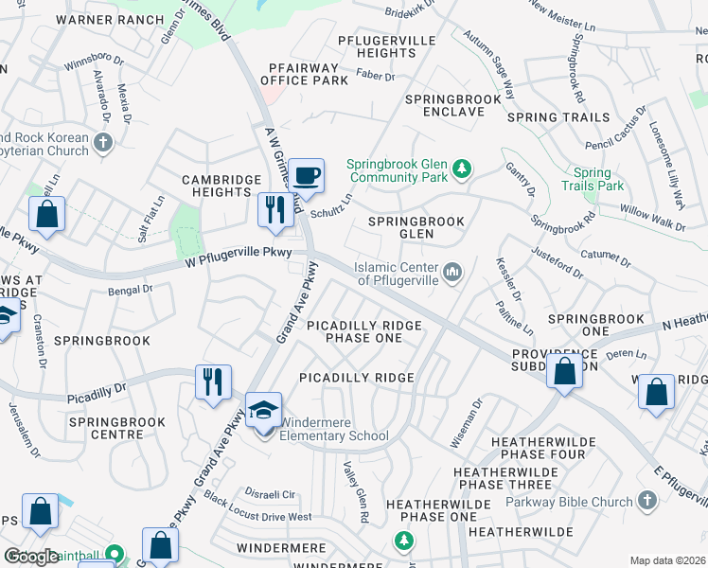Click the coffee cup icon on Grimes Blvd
pos(306,176)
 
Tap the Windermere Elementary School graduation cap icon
pos(264,410)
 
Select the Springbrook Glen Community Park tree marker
pos(462,169)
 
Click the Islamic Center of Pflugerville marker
pos(453,274)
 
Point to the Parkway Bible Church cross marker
pos(647,500)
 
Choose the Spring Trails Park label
pos(593,180)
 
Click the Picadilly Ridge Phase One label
pos(364,331)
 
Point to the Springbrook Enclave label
pos(445,105)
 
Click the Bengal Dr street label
pos(130,291)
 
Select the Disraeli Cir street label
pos(271,494)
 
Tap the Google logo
pos(31,557)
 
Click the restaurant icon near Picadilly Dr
pos(212,382)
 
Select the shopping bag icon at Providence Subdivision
pos(564,372)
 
